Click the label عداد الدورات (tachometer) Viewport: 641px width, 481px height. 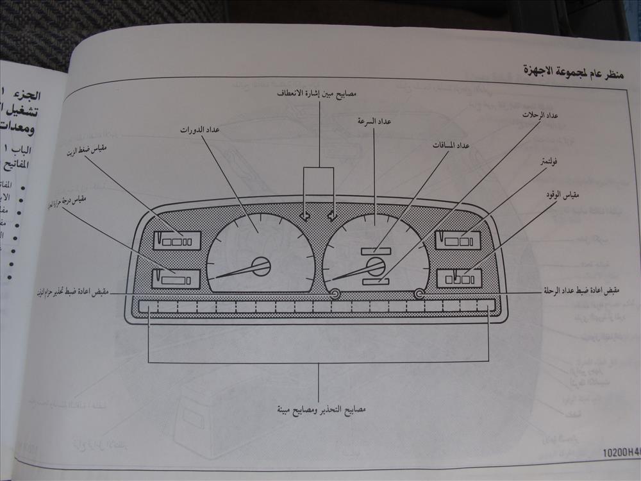pyautogui.click(x=199, y=130)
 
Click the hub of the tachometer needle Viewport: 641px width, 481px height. pyautogui.click(x=261, y=266)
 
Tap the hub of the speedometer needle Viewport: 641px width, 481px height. pyautogui.click(x=375, y=266)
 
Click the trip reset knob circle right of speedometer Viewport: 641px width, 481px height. pyautogui.click(x=419, y=294)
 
